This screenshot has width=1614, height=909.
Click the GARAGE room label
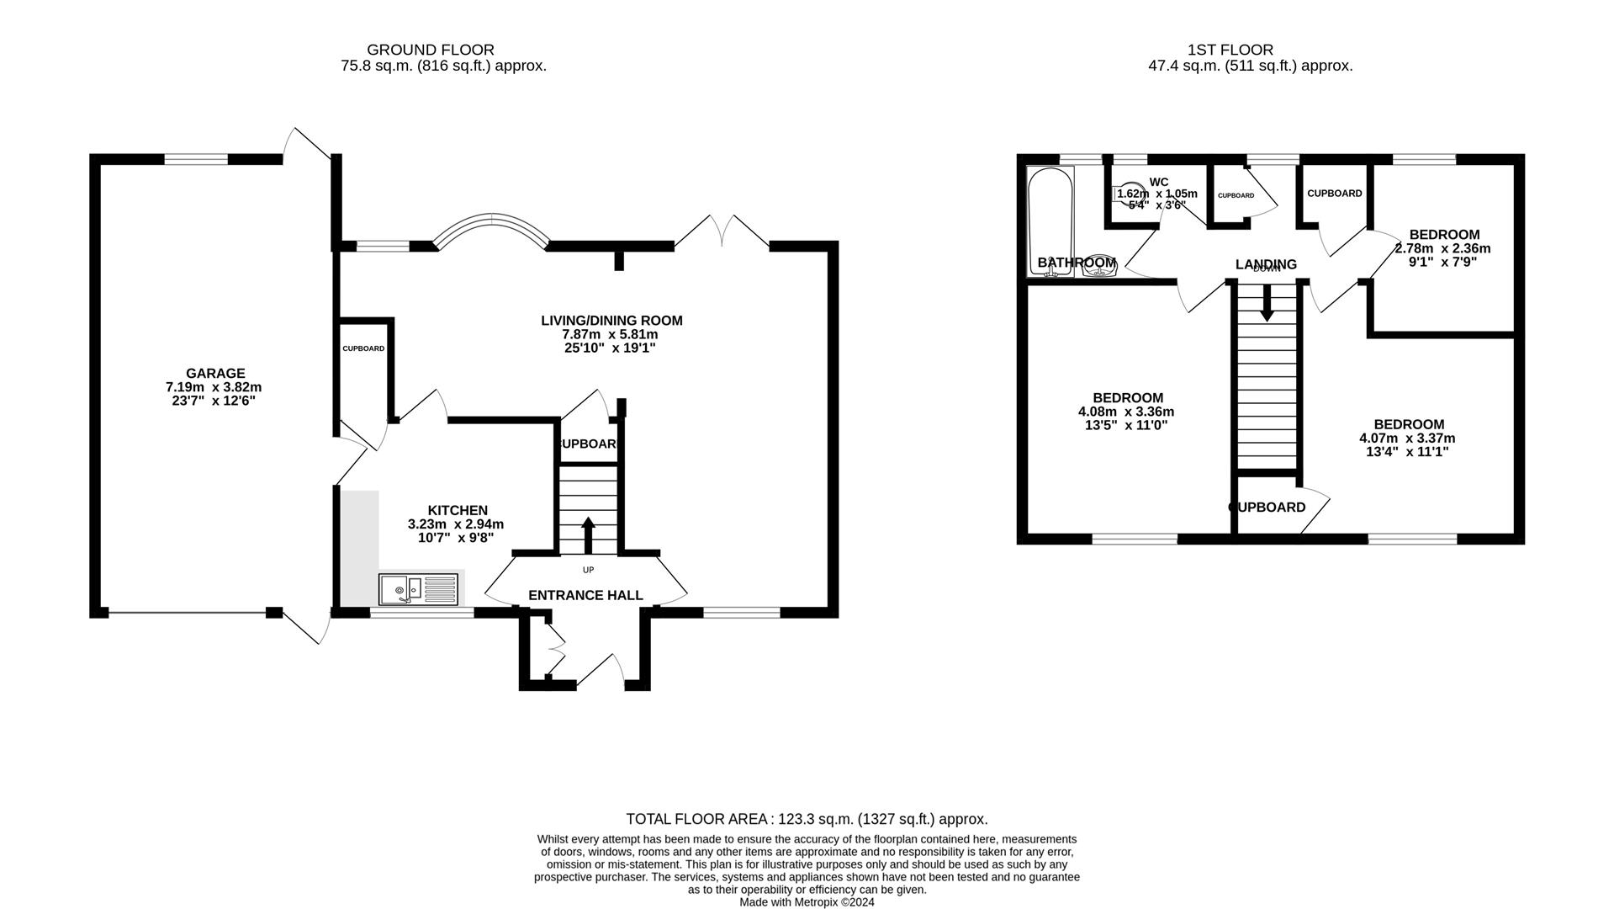coord(215,374)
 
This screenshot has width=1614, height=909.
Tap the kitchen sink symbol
coord(418,589)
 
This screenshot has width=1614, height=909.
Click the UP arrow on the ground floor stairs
coord(588,534)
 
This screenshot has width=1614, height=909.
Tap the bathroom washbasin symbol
coord(1099,264)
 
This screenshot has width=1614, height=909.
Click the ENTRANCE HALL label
coord(585,596)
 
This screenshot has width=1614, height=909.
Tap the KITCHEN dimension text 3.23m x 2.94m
coord(456,524)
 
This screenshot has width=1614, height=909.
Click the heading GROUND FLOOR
coord(431,50)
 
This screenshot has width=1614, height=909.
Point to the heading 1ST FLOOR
coord(1230,50)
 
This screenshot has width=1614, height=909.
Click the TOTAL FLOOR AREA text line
coord(807,819)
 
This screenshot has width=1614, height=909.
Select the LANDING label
coord(1266,264)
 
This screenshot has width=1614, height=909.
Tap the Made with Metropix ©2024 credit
coord(807,902)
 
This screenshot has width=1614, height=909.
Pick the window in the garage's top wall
coord(195,159)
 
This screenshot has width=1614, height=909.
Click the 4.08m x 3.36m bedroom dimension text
coord(1126,412)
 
